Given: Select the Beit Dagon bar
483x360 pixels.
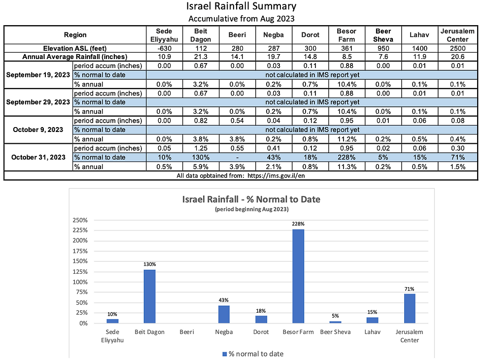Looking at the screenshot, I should pos(149,296).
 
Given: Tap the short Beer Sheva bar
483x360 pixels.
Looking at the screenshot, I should pos(335,322).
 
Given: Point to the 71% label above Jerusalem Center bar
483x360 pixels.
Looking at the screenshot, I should pos(410,290).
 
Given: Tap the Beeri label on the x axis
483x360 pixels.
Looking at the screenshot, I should pos(186,332).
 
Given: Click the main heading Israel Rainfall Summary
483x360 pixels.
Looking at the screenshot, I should pos(241,6).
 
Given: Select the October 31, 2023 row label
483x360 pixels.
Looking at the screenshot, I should pos(38,158).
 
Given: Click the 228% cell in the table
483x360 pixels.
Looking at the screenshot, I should pos(347,158).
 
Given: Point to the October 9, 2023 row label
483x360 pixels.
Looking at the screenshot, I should pos(38,130).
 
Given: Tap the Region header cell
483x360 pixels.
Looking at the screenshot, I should pos(75,35).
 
